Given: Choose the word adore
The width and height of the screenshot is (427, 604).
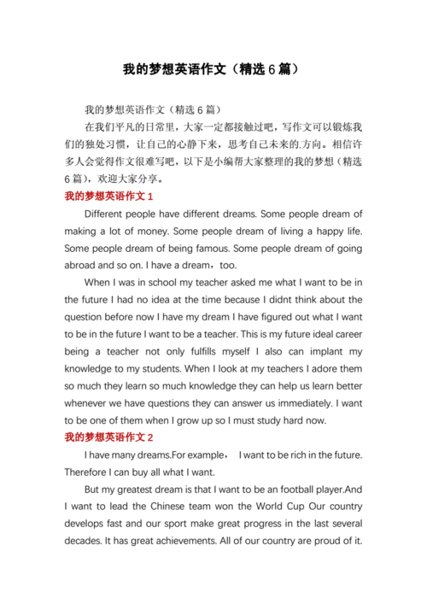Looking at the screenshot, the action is tap(307, 368).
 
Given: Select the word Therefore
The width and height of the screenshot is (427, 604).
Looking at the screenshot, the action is tap(91, 472).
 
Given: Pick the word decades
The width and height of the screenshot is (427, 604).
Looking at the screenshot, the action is tap(85, 541).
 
